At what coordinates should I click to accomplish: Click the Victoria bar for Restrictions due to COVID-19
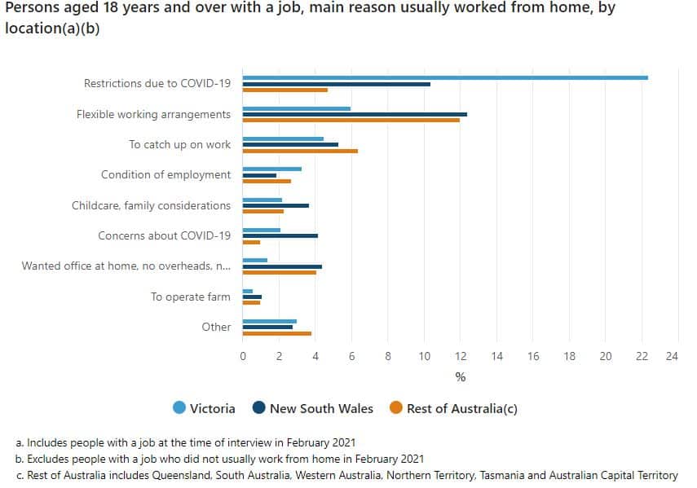(x=445, y=77)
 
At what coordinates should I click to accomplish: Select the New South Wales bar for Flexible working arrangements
(x=355, y=114)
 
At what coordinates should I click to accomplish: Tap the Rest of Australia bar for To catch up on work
(x=300, y=151)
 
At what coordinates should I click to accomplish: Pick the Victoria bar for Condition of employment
(x=272, y=169)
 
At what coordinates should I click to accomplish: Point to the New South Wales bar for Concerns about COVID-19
(x=280, y=235)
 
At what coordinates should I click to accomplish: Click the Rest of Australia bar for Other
(x=277, y=333)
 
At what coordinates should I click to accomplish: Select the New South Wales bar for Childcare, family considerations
(x=276, y=205)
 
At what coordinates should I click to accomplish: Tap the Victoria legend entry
(x=205, y=408)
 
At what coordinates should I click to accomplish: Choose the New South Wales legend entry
(x=313, y=408)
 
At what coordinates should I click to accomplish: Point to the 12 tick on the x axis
(x=461, y=356)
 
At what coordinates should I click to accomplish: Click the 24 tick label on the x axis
(x=672, y=356)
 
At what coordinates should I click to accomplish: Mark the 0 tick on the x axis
(x=243, y=356)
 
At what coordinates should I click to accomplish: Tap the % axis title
(x=460, y=377)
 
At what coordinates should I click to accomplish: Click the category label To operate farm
(x=191, y=297)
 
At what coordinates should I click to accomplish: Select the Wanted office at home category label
(x=126, y=266)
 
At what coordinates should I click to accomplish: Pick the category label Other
(x=216, y=327)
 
